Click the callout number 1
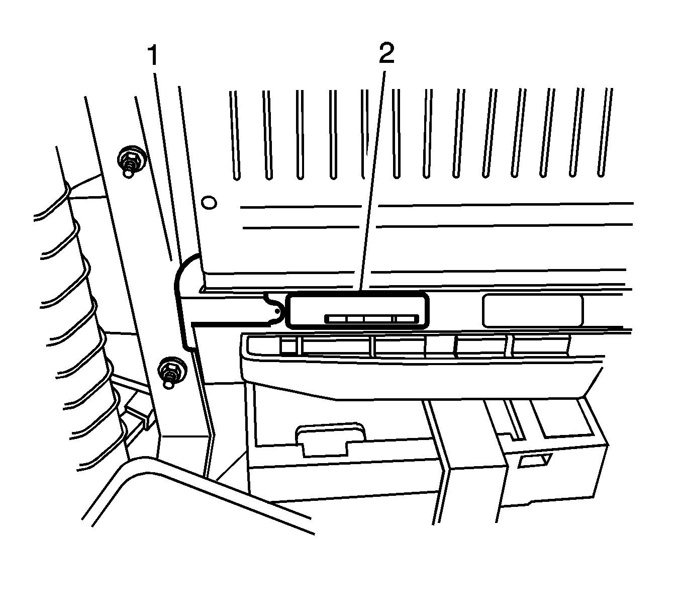click(153, 56)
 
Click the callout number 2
click(386, 53)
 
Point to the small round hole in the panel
click(209, 203)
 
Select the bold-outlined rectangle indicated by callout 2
click(357, 310)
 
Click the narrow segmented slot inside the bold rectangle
click(372, 319)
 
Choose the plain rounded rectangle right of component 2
click(533, 311)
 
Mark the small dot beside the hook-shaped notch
click(277, 311)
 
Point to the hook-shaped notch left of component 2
click(273, 310)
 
